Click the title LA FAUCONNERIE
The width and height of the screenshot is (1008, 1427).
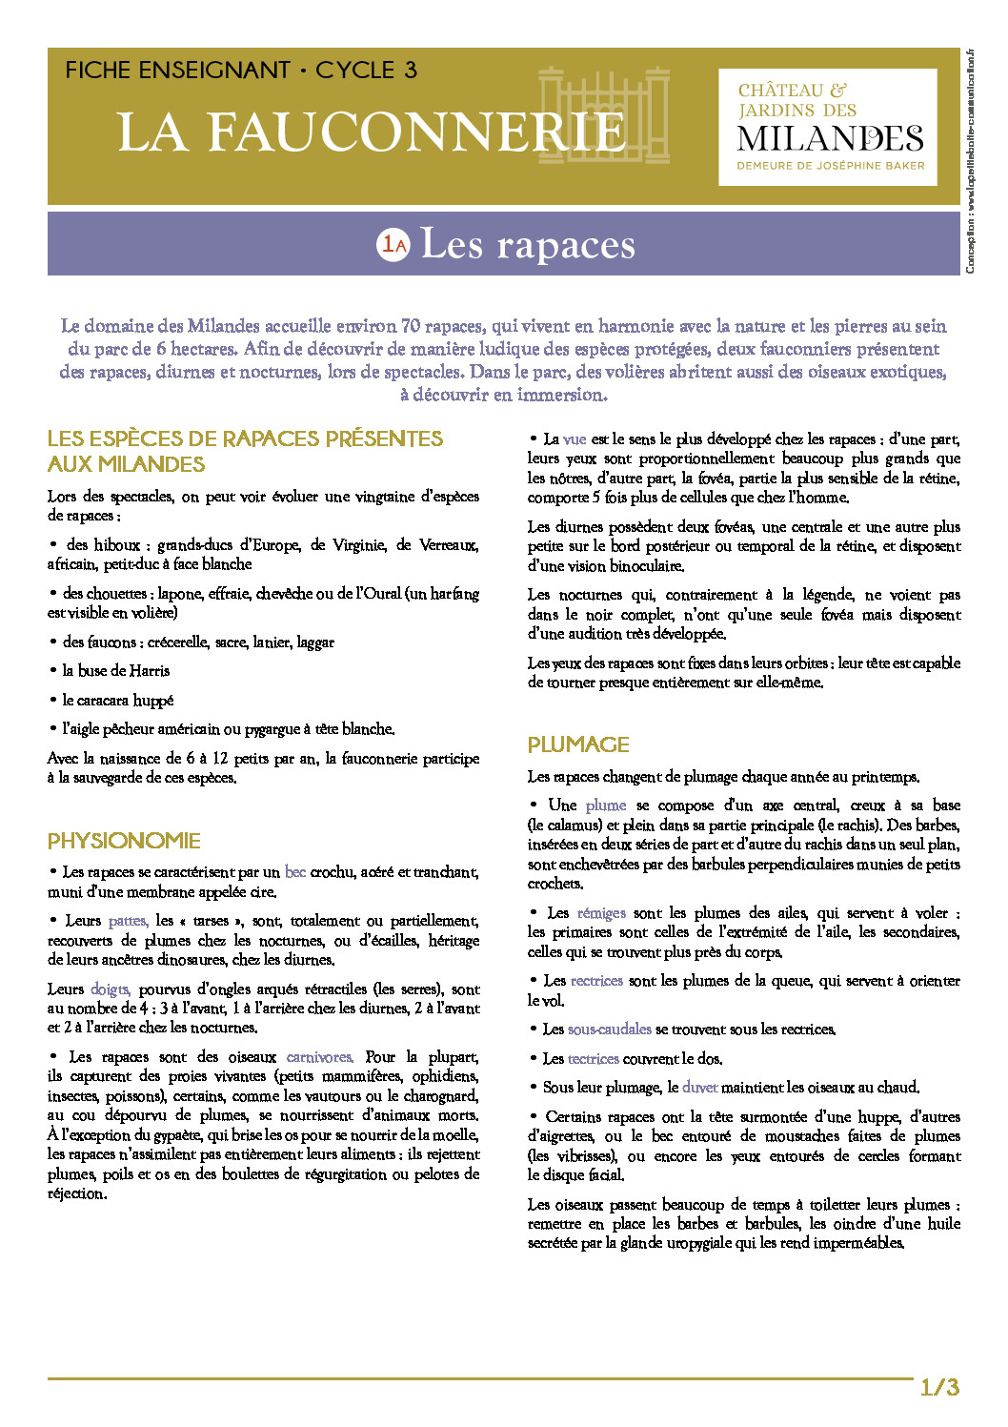coord(372,132)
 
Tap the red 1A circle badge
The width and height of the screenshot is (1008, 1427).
coord(393,245)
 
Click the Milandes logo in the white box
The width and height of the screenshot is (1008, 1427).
coord(828,128)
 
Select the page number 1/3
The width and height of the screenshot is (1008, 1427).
coord(939,1387)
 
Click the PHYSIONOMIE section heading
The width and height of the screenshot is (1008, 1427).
coord(124,841)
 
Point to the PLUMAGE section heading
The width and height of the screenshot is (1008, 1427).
coord(578,744)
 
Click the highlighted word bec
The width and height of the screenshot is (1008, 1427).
coord(294,872)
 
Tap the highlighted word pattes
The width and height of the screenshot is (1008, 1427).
coord(128,921)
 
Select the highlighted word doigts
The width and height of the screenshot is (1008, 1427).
coord(110,989)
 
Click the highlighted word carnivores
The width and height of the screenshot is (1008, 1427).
coord(319,1057)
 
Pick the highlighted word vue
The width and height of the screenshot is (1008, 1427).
coord(575,439)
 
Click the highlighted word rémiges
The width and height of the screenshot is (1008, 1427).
coord(601,913)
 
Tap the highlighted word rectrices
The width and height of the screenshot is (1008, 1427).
coord(596,981)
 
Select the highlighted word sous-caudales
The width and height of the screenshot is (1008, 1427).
coord(609,1029)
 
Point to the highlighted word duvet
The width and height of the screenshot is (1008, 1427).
coord(699,1088)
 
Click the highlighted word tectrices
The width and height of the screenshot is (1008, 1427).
coord(593,1059)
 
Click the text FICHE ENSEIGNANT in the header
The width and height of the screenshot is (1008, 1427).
coord(177,71)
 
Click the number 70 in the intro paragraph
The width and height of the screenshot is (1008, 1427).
coord(411,326)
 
